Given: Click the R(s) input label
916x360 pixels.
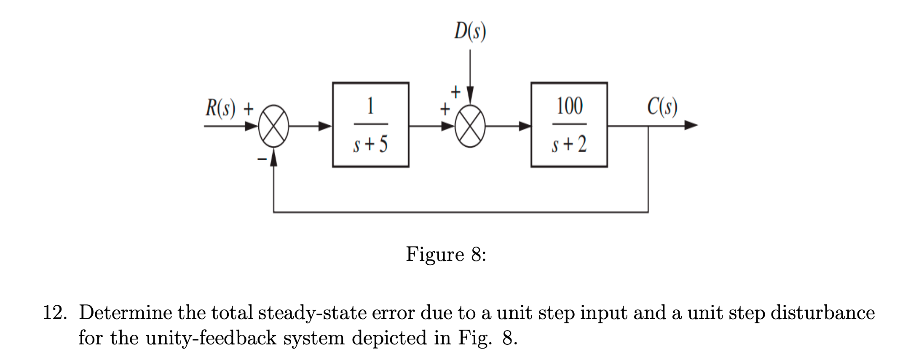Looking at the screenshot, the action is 220,108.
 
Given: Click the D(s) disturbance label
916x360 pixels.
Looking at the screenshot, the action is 470,31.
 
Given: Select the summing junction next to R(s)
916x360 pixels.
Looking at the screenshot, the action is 273,126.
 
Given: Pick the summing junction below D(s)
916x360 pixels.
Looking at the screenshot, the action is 470,126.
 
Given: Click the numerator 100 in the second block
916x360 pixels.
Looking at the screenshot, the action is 569,106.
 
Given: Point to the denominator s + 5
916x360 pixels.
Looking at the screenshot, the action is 370,145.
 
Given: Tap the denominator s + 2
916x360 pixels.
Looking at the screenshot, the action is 569,145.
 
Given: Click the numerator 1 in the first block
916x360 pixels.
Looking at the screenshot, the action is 370,106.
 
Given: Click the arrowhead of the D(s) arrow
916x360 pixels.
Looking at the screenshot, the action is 470,95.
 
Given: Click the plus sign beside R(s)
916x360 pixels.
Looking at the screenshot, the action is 249,109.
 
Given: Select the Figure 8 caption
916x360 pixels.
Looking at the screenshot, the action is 446,254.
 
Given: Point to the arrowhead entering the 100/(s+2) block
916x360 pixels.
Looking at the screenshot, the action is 524,126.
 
